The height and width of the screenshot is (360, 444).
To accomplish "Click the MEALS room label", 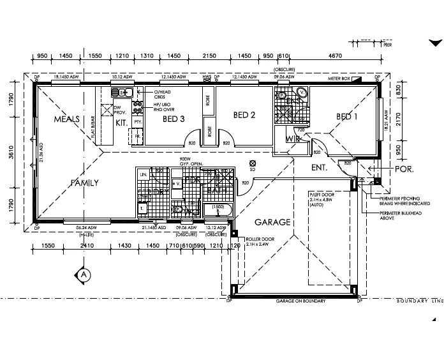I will click(x=66, y=119).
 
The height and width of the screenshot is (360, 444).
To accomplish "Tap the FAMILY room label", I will click(x=84, y=183).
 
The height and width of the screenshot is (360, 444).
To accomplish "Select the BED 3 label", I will click(x=174, y=119).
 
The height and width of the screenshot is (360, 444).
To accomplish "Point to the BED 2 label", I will click(x=244, y=116).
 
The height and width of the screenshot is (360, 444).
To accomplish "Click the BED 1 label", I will click(x=348, y=116).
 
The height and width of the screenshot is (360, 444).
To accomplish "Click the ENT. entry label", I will click(x=319, y=168).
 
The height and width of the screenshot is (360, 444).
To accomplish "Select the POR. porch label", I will click(x=404, y=170).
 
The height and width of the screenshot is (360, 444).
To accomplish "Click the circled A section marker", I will click(x=84, y=274).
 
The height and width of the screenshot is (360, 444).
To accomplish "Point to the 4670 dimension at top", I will click(x=336, y=56).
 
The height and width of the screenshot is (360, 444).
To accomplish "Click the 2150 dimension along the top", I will click(x=209, y=56).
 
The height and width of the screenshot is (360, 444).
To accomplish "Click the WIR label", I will click(x=292, y=139).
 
